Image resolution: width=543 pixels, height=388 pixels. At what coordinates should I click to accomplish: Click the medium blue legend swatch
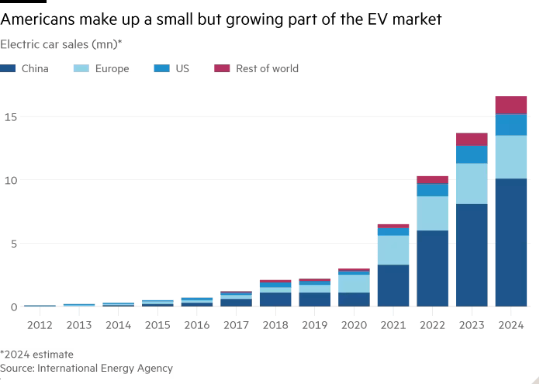tap(163, 69)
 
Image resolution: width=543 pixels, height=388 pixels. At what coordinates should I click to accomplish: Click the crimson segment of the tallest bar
tap(511, 105)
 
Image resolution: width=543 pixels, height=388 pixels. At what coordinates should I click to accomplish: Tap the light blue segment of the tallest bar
tap(511, 157)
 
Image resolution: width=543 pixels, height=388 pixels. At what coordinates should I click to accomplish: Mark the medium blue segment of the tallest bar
tap(511, 124)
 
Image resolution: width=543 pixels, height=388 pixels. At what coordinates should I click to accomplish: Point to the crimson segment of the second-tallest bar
tap(472, 139)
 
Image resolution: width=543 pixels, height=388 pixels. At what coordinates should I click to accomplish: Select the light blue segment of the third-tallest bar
tap(432, 213)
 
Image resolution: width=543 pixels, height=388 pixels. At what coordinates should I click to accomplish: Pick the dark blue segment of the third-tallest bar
tap(432, 268)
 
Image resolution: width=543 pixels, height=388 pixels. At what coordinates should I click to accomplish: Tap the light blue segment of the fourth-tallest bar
tap(393, 250)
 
